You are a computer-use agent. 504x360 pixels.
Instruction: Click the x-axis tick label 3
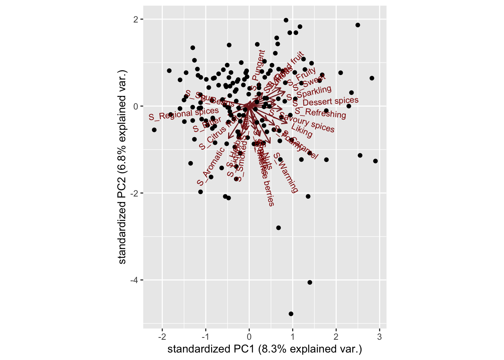point(379,337)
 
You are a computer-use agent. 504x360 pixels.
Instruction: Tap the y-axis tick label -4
point(134,280)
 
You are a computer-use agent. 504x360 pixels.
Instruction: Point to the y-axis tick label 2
point(136,19)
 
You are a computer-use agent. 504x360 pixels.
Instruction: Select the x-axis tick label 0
point(249,337)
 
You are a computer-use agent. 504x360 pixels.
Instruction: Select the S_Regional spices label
point(183,114)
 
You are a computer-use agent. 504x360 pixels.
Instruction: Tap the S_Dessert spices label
point(325,102)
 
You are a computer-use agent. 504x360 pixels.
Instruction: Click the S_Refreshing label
point(320,112)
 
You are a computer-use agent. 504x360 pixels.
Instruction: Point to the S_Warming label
point(286,172)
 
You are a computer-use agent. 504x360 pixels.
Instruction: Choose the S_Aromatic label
point(210,167)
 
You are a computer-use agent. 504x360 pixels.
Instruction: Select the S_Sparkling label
point(309,93)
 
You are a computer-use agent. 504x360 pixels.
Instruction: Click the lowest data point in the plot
point(291,314)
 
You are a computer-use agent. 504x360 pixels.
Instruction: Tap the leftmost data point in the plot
point(154,130)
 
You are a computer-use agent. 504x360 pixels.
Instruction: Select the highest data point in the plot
point(286,20)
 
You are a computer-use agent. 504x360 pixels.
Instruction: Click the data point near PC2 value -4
point(310,282)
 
